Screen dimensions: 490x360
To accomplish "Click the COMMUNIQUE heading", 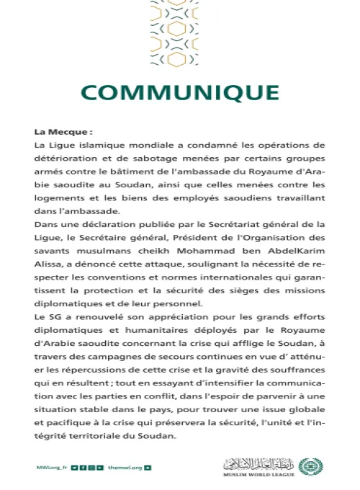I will [x=179, y=93].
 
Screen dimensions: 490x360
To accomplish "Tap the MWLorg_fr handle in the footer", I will [x=51, y=468].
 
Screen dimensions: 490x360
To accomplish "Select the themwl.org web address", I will [x=125, y=468].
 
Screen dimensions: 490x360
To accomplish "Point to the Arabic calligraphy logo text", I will [x=259, y=463].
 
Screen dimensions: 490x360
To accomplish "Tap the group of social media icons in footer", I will [x=91, y=468].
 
